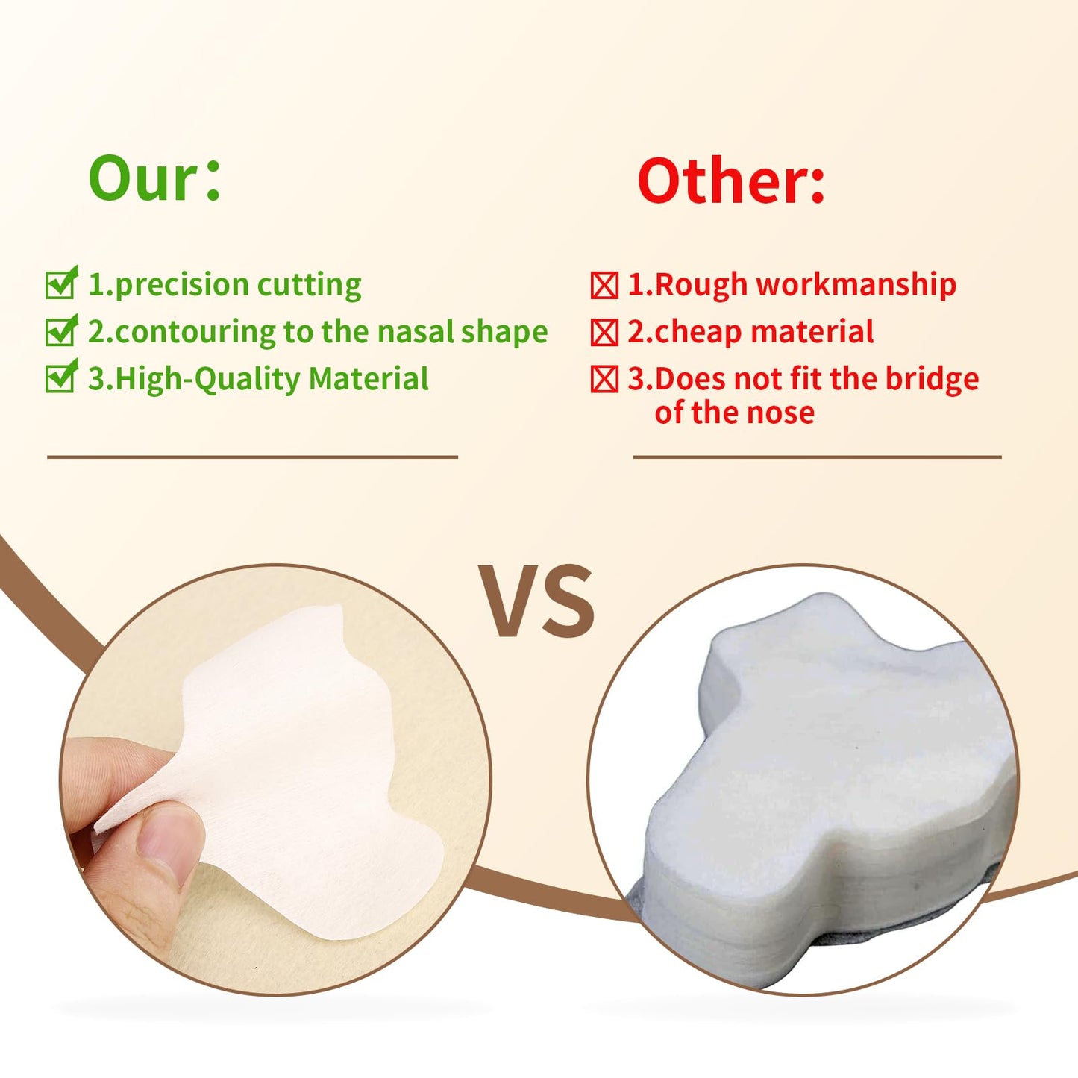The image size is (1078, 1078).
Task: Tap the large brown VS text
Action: (536, 601)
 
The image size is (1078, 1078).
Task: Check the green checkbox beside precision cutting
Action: (60, 283)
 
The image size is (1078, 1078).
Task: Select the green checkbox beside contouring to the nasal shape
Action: (60, 331)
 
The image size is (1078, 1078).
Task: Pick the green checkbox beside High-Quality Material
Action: (60, 377)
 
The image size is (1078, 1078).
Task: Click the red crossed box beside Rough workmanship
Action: (604, 285)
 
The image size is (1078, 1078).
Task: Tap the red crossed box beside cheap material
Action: (604, 333)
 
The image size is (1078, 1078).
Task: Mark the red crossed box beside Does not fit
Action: (604, 380)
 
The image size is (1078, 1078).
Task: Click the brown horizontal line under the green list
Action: (252, 457)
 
